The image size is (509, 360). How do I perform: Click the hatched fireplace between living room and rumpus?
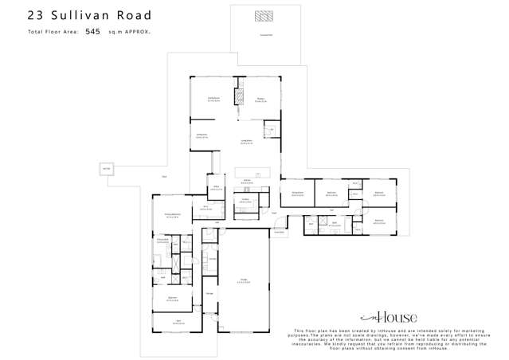click(237, 96)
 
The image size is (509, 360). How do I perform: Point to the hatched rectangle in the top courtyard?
click(263, 16)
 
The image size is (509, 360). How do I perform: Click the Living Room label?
click(213, 100)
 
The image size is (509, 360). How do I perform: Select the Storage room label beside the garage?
click(209, 294)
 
